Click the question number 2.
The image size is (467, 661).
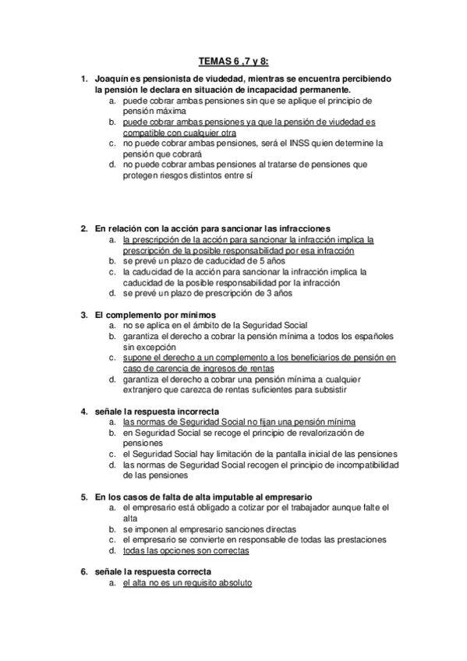click(84, 229)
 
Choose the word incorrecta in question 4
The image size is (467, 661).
click(196, 411)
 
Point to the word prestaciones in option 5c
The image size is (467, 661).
click(362, 539)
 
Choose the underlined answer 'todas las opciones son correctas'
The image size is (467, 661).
click(186, 550)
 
